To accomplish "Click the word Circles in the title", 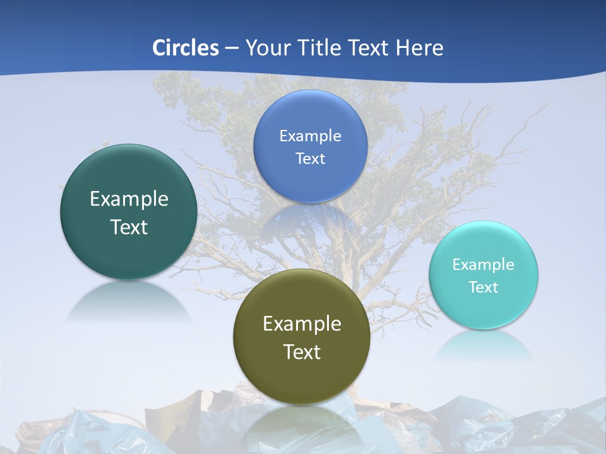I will point(186,48).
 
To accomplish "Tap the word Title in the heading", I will point(321,48).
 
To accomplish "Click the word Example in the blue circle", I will point(311,136).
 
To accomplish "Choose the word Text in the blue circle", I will point(311,158).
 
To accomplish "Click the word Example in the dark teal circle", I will point(129,199).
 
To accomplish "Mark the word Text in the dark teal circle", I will point(129,227).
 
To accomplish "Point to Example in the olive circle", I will point(302,324).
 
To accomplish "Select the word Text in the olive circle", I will point(302,352).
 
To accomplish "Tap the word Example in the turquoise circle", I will point(484,264).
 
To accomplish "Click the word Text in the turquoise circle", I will point(484,288).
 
